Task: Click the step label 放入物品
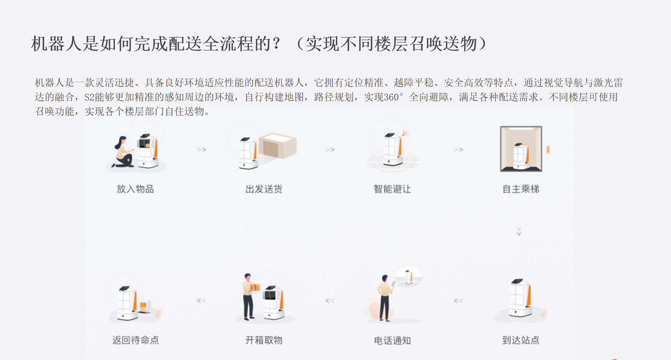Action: pyautogui.click(x=135, y=189)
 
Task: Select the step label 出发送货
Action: pyautogui.click(x=264, y=189)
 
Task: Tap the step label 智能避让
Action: pyautogui.click(x=392, y=189)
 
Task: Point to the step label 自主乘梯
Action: pyautogui.click(x=521, y=189)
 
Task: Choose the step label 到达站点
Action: pyautogui.click(x=521, y=340)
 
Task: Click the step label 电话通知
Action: pyautogui.click(x=392, y=340)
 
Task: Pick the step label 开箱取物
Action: pyautogui.click(x=264, y=340)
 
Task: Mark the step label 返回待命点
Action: pyautogui.click(x=136, y=340)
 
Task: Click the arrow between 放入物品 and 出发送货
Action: pyautogui.click(x=202, y=149)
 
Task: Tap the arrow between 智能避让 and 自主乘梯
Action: pyautogui.click(x=458, y=149)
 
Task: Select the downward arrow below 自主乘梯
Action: pyautogui.click(x=519, y=231)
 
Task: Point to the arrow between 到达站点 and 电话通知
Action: pyautogui.click(x=458, y=301)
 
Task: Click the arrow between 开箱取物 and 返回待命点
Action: pyautogui.click(x=202, y=301)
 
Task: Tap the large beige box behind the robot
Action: pyautogui.click(x=278, y=146)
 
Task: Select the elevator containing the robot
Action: pyautogui.click(x=521, y=149)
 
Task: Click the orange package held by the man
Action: pyautogui.click(x=255, y=287)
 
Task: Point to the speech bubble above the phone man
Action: pyautogui.click(x=409, y=276)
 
